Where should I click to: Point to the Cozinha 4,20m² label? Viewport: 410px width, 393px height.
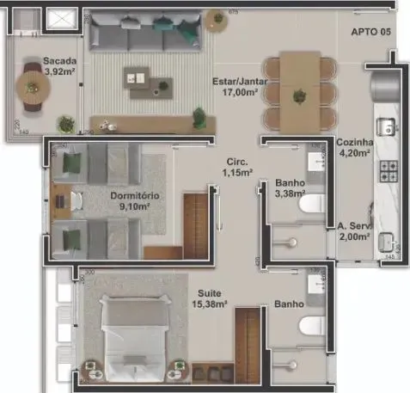pos(353,149)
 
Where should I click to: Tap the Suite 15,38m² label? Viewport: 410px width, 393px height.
pos(209,298)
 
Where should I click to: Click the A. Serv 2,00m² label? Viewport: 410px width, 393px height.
pos(353,232)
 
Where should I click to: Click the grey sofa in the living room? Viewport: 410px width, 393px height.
pos(146,34)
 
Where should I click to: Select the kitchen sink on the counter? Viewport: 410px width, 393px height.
pos(388,128)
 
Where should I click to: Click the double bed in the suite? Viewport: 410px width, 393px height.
pos(138,331)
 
